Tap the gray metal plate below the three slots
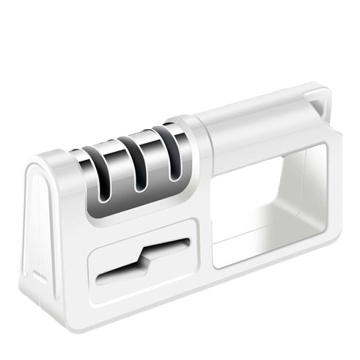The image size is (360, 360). (135, 202)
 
